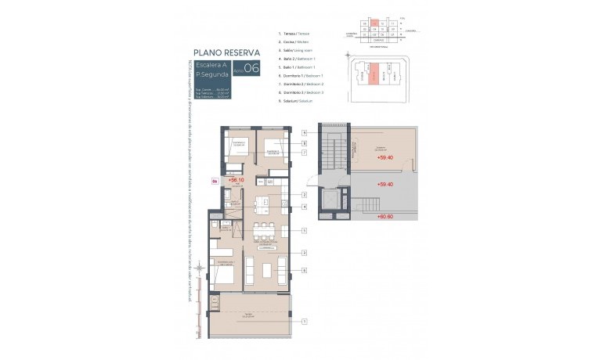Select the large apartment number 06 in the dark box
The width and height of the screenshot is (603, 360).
(251, 68)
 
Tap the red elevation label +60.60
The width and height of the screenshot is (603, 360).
(385, 216)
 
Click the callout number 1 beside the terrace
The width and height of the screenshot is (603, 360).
(304, 321)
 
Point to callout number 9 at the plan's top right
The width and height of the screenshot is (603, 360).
(304, 133)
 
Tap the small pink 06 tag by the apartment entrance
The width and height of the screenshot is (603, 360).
(216, 181)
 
